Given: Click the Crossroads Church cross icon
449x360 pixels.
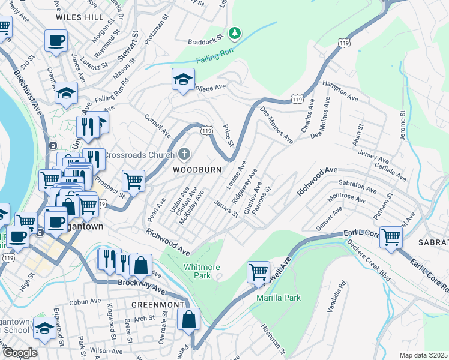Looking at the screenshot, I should [x=184, y=154].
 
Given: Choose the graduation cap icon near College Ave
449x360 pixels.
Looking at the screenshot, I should [x=183, y=79].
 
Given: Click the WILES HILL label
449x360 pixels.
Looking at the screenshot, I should [x=79, y=18].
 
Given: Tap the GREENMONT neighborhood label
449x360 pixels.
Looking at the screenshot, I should [x=158, y=305].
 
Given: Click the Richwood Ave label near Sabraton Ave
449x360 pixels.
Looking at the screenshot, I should [x=318, y=181].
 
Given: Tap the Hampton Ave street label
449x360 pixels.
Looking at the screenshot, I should [x=340, y=90].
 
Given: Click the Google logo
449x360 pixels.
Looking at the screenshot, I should [x=20, y=352].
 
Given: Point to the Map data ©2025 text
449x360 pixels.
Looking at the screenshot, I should [x=423, y=355].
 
